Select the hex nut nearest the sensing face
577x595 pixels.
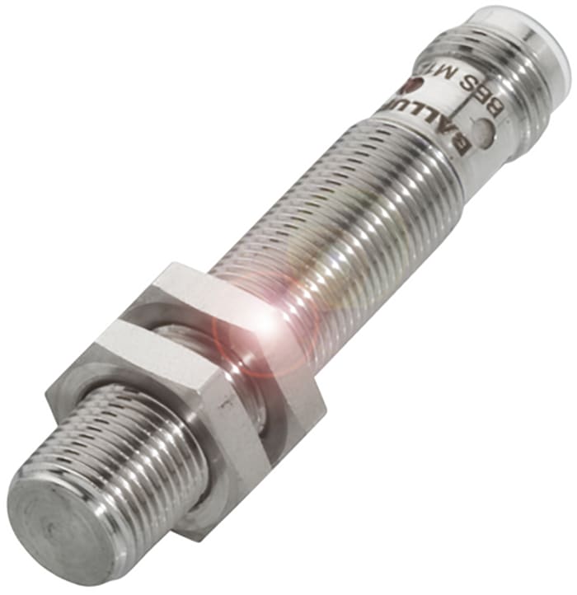pyautogui.click(x=165, y=412)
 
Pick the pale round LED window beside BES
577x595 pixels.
pyautogui.click(x=487, y=132)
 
